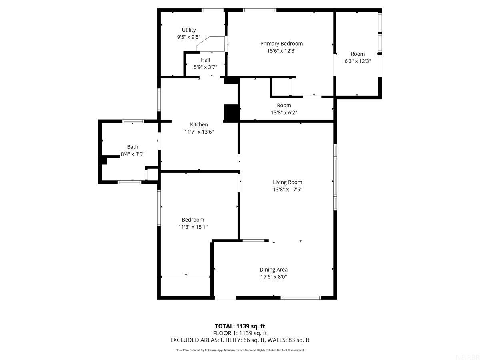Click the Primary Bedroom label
pyautogui.click(x=281, y=44)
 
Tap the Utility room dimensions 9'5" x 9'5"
pyautogui.click(x=189, y=37)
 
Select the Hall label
pyautogui.click(x=205, y=60)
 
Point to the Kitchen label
pyautogui.click(x=199, y=124)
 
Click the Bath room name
pyautogui.click(x=132, y=147)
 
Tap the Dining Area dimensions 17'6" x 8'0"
pyautogui.click(x=274, y=276)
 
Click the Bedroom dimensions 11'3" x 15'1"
pyautogui.click(x=193, y=227)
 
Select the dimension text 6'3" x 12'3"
pyautogui.click(x=358, y=61)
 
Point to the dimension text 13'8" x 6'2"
pyautogui.click(x=284, y=112)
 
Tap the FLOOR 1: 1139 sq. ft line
pyautogui.click(x=240, y=333)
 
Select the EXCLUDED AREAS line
pyautogui.click(x=240, y=340)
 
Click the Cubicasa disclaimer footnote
pyautogui.click(x=240, y=350)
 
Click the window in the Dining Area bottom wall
pyautogui.click(x=300, y=298)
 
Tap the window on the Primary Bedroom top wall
pyautogui.click(x=260, y=10)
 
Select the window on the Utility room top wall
pyautogui.click(x=212, y=10)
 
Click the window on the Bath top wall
pyautogui.click(x=133, y=121)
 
